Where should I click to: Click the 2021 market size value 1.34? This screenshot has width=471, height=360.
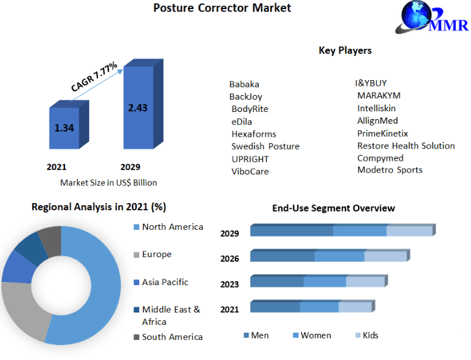click(64, 128)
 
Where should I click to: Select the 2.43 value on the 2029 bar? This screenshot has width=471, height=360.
click(138, 108)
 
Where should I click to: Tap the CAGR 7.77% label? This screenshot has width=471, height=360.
click(94, 76)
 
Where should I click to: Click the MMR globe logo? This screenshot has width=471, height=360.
click(431, 17)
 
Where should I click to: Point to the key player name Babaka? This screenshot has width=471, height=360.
click(244, 84)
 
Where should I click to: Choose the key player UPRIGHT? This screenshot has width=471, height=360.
click(250, 159)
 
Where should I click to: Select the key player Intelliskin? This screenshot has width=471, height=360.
click(377, 108)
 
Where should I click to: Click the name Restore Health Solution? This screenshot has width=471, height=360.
click(406, 146)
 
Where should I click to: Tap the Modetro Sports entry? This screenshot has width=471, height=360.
click(390, 170)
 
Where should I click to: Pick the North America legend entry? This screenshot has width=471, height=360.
click(168, 227)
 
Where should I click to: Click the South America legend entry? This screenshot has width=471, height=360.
click(168, 337)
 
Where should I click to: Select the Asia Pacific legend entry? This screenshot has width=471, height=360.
click(161, 282)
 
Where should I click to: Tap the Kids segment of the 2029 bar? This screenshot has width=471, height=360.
click(410, 231)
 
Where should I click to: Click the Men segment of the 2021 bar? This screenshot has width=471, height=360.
click(275, 307)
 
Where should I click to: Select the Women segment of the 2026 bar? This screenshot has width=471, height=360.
click(340, 256)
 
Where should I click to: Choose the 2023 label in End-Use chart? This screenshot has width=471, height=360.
click(230, 284)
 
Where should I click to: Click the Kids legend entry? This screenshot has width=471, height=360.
click(367, 335)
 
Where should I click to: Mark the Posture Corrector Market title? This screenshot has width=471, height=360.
click(222, 8)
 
